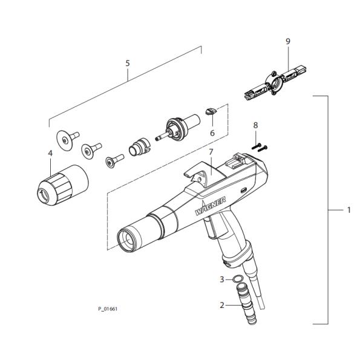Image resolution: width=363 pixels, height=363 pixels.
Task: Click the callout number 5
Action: click(x=128, y=63)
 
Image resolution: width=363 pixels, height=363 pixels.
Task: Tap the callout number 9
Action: click(x=287, y=41)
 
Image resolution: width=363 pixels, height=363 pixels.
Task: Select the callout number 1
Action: click(x=349, y=210)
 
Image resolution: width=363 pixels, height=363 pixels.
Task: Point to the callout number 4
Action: click(x=50, y=153)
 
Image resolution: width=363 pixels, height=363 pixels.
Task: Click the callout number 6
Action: click(x=212, y=133)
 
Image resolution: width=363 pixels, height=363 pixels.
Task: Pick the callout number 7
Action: click(x=211, y=152)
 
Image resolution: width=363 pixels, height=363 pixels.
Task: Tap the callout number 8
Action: click(x=255, y=125)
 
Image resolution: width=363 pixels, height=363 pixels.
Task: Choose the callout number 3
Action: click(x=222, y=280)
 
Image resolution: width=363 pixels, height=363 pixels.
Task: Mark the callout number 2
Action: click(x=222, y=305)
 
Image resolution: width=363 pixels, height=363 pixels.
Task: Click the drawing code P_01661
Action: click(x=108, y=309)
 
